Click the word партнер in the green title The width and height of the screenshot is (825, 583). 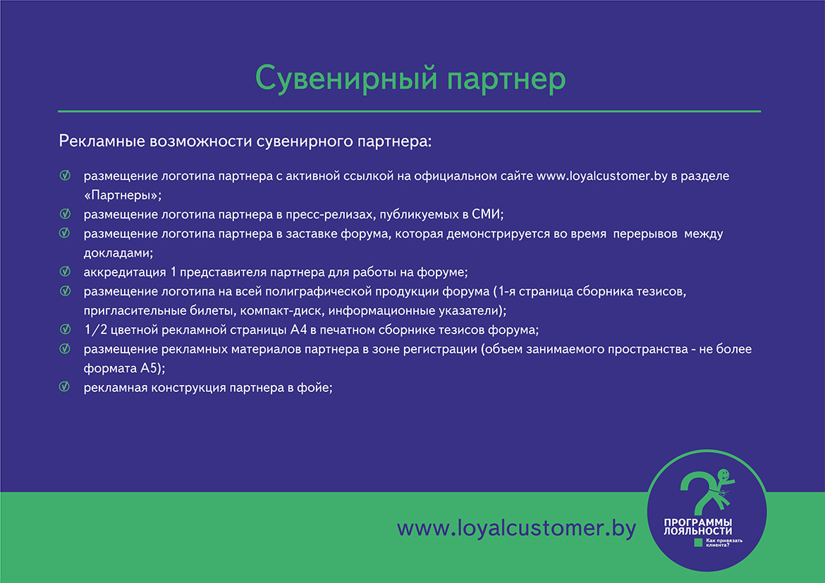click(x=507, y=80)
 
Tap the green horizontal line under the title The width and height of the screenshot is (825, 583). click(x=410, y=111)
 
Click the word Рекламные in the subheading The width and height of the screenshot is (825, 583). click(x=102, y=141)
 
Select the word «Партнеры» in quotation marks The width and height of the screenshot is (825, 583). click(x=123, y=195)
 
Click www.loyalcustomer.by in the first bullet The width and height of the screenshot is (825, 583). click(x=602, y=176)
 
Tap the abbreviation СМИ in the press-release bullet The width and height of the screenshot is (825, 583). click(x=487, y=214)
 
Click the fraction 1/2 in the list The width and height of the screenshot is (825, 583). click(x=96, y=330)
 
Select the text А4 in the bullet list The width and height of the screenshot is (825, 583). click(x=298, y=330)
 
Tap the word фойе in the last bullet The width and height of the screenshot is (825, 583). click(x=314, y=388)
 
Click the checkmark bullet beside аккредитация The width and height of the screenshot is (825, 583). click(x=65, y=271)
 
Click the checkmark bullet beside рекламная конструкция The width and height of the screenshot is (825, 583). click(x=65, y=387)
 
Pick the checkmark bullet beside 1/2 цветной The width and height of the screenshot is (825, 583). click(x=65, y=329)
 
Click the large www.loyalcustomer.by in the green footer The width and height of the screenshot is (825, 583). click(x=517, y=528)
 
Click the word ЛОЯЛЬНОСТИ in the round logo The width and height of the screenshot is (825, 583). click(x=697, y=532)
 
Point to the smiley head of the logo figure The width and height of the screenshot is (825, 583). click(x=724, y=474)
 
